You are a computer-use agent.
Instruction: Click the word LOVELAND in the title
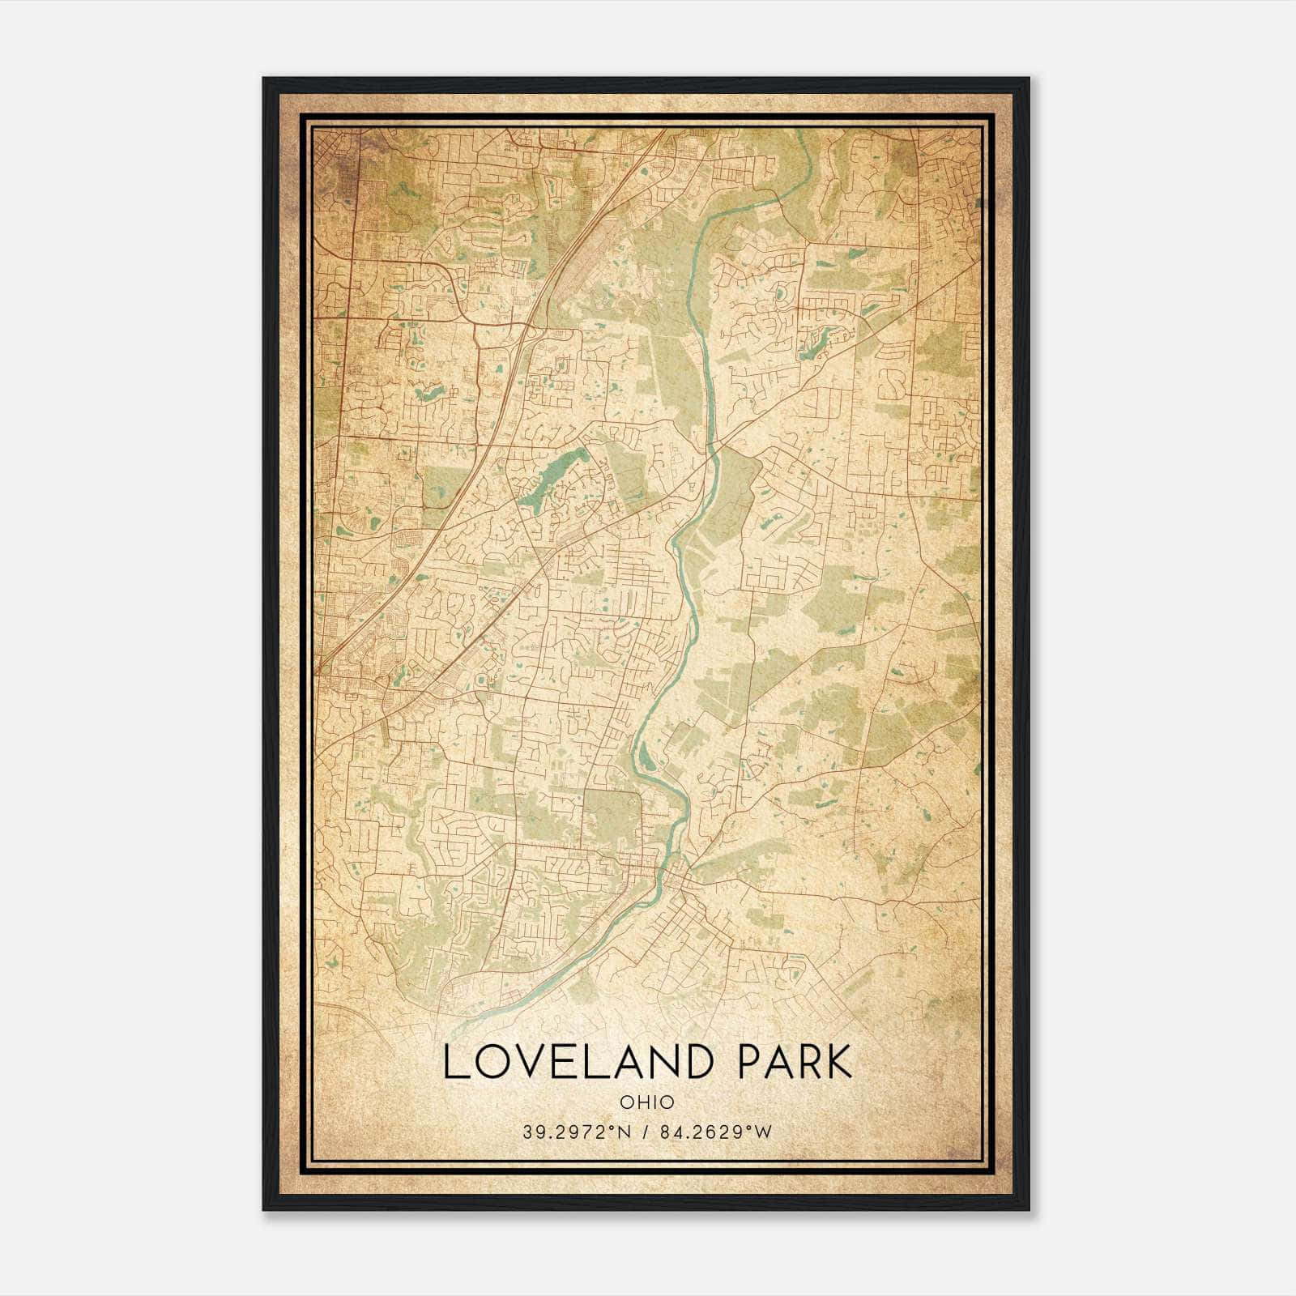[x=582, y=1062]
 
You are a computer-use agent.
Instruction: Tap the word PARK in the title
[x=795, y=1062]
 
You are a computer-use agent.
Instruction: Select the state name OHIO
[x=646, y=1102]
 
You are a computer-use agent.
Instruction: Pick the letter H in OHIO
[x=642, y=1102]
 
